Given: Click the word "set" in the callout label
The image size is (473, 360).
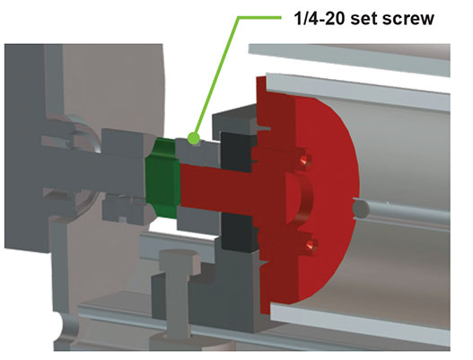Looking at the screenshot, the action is (x=364, y=19).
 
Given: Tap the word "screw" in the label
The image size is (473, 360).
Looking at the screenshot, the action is (x=408, y=19).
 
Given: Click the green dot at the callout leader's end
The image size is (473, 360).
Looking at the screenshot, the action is (x=194, y=138).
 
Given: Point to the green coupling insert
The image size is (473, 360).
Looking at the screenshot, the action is (x=162, y=178).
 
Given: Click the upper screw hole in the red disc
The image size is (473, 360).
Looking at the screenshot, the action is (x=304, y=160).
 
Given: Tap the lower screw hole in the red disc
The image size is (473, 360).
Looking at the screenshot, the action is (x=310, y=245).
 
